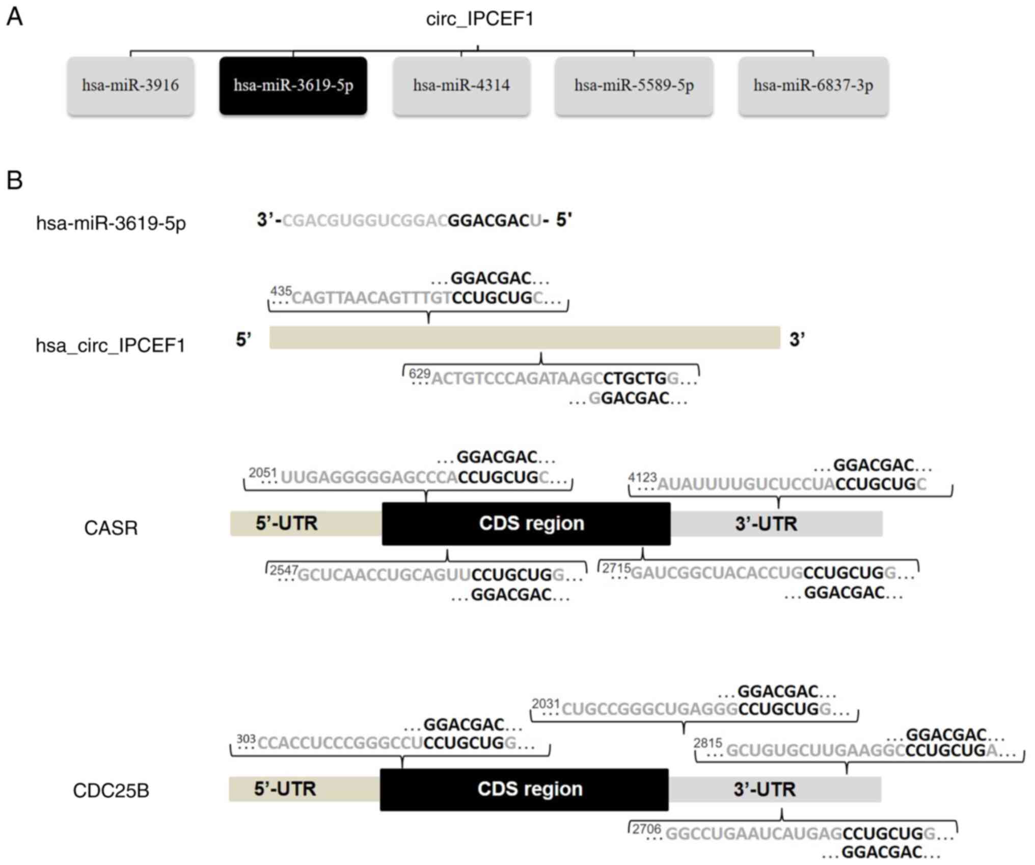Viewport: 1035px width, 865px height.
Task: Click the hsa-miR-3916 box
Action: tap(130, 86)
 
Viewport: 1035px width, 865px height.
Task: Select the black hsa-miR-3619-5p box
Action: tap(293, 86)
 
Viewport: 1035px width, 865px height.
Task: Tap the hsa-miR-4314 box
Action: tap(461, 86)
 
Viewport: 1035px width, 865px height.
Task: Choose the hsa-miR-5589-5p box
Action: tap(634, 86)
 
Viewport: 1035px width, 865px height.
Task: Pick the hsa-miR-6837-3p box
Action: tap(813, 86)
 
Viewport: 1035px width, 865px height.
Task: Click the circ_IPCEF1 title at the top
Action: tap(479, 19)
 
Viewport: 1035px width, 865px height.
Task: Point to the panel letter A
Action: tap(14, 17)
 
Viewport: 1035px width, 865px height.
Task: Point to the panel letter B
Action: tap(14, 180)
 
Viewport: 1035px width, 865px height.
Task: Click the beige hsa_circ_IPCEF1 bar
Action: tap(525, 338)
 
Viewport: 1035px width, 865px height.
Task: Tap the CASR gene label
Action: tap(111, 528)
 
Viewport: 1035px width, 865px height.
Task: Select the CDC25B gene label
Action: tap(111, 791)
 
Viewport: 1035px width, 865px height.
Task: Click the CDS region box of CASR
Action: tap(526, 524)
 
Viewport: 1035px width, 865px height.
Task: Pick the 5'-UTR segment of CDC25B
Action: tap(304, 789)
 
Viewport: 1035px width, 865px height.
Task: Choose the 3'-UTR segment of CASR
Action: tap(776, 524)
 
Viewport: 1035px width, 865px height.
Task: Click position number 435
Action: tap(281, 291)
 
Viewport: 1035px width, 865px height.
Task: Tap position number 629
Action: tap(420, 374)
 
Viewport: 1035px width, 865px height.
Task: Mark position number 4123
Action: tap(642, 478)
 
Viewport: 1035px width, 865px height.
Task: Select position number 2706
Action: tap(646, 829)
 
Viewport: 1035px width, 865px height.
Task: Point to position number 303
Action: tap(246, 739)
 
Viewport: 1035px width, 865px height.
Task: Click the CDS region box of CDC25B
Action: tap(524, 789)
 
